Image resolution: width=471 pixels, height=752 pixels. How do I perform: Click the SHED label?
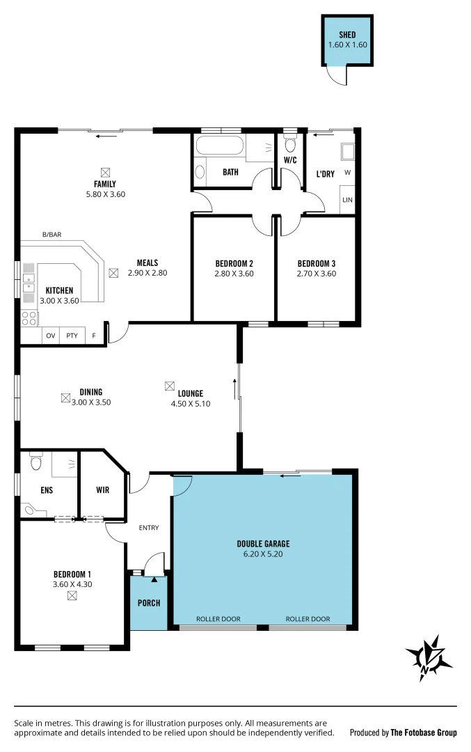click(x=347, y=35)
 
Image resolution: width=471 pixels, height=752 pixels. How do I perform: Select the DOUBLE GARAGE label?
click(x=263, y=544)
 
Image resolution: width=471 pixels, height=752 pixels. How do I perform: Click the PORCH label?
click(x=148, y=602)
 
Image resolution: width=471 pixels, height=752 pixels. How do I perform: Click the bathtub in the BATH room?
click(x=219, y=147)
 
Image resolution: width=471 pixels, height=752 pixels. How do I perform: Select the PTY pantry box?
click(x=72, y=336)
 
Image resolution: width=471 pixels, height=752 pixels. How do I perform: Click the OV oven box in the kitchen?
click(x=50, y=336)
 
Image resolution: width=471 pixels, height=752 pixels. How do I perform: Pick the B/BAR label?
click(x=51, y=235)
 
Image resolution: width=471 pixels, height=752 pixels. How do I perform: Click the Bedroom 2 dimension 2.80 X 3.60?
click(x=234, y=274)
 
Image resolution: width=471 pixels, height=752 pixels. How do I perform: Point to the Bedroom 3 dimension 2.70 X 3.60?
click(x=317, y=274)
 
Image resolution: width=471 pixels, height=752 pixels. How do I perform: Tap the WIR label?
click(x=102, y=489)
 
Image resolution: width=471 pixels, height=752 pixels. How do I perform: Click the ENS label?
click(x=46, y=489)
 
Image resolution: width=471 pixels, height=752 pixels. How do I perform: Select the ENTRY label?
click(x=149, y=528)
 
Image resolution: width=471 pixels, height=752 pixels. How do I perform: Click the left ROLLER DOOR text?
click(x=218, y=619)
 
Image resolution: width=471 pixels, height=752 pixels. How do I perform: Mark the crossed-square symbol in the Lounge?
click(x=170, y=385)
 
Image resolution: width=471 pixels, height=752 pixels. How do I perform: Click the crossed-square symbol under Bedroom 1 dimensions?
click(x=72, y=596)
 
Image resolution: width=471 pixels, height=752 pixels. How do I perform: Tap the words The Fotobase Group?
click(x=423, y=733)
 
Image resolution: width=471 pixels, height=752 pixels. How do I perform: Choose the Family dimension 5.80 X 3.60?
click(x=104, y=194)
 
